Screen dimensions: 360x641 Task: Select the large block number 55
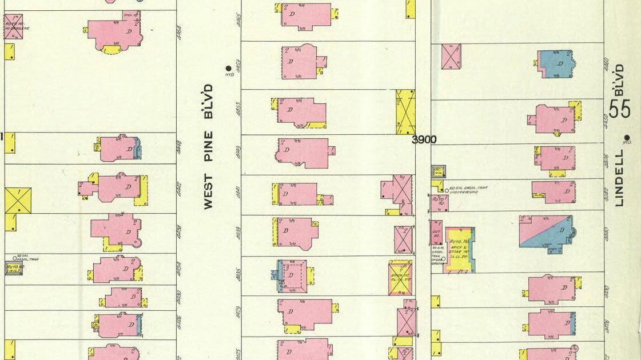click(619, 107)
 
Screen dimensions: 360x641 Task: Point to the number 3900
click(424, 139)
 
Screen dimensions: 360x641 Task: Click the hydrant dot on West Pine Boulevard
click(229, 68)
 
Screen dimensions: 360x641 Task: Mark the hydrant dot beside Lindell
click(627, 137)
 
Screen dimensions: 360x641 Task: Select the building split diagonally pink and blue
click(546, 231)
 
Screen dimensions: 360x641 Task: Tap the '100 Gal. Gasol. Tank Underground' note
click(463, 190)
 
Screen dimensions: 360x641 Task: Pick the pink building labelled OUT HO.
click(436, 233)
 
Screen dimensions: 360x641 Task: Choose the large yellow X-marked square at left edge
click(18, 201)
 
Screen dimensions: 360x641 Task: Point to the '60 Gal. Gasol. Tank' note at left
click(29, 258)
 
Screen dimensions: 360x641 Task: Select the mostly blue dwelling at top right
click(555, 63)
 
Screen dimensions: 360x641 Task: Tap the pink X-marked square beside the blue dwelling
click(451, 57)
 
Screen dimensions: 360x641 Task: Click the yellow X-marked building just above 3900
click(405, 111)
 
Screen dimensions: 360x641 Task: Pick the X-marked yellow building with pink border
click(400, 278)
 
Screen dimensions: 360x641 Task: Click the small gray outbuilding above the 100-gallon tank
click(438, 171)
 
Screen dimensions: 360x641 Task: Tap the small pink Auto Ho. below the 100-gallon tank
click(439, 202)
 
